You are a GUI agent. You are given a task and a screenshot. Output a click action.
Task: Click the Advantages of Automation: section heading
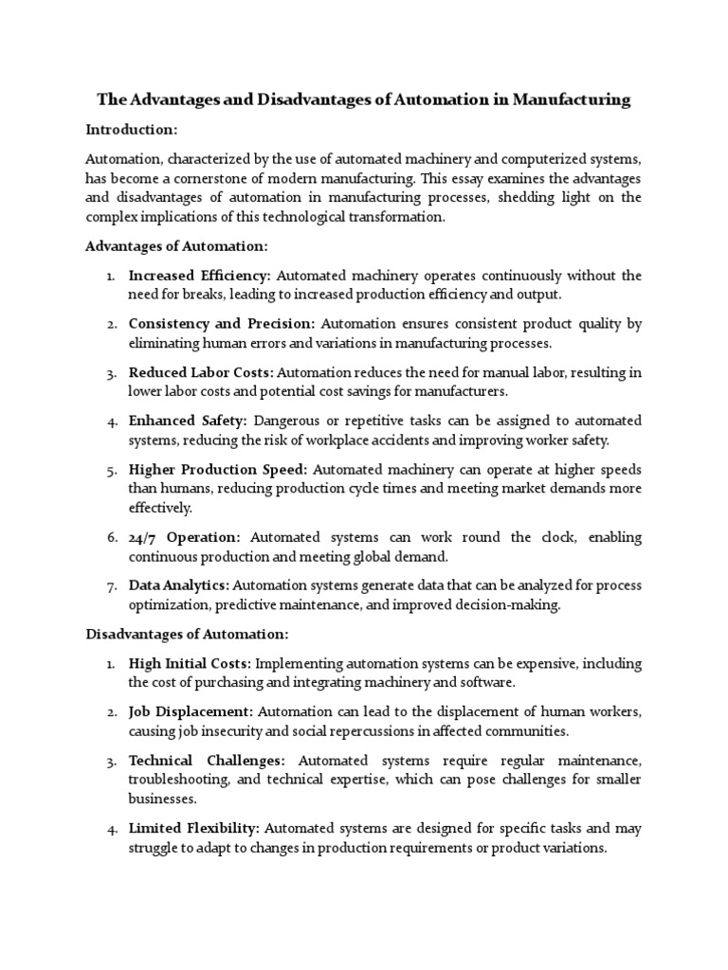pos(177,246)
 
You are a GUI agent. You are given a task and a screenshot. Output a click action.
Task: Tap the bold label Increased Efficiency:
pos(199,276)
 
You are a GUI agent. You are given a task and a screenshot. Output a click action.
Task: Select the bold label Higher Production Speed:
pos(218,469)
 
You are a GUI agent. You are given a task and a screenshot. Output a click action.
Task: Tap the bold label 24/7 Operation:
pos(184,537)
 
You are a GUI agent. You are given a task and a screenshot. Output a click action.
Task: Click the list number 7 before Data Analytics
pos(111,585)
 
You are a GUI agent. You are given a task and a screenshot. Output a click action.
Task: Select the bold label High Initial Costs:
pos(190,663)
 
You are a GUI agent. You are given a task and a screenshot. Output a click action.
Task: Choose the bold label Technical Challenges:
pos(207,761)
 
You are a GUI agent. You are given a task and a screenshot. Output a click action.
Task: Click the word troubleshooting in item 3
pos(175,780)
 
